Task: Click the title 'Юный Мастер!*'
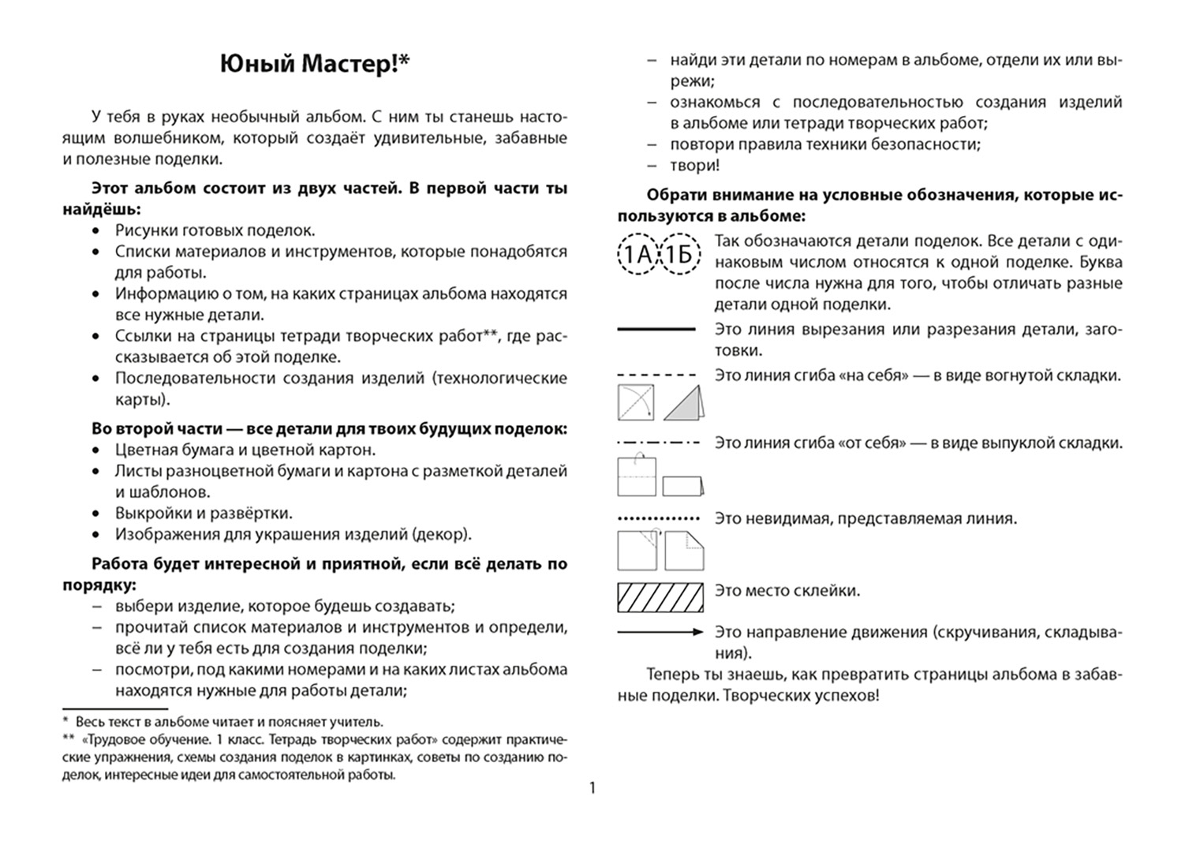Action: [x=316, y=65]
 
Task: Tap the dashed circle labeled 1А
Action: [x=637, y=255]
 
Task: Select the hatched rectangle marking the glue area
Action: [x=660, y=598]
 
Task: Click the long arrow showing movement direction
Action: [x=660, y=632]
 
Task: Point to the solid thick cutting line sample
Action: [x=656, y=329]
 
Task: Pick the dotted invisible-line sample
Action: [x=658, y=519]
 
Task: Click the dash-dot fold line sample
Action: [x=658, y=443]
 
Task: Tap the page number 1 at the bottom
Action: [x=592, y=787]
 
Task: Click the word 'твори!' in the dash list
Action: [x=695, y=166]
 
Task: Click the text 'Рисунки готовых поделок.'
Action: [x=215, y=230]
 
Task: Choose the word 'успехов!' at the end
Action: [x=847, y=696]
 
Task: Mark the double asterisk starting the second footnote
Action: [x=69, y=740]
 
